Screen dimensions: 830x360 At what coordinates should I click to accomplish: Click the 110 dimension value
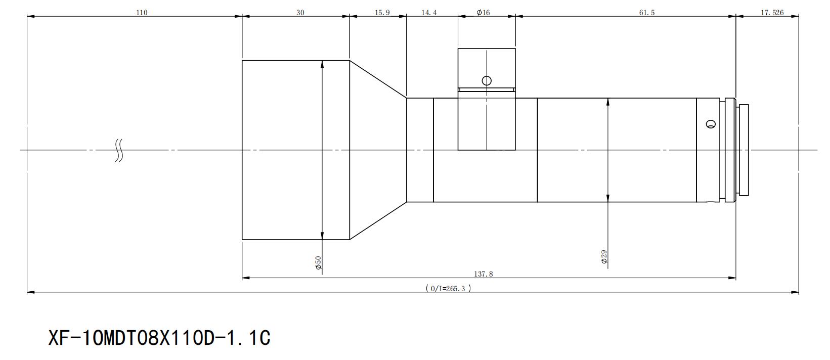coord(142,13)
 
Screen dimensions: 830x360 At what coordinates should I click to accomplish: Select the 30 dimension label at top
coord(300,13)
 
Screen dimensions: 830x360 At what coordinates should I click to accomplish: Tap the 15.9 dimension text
coord(382,13)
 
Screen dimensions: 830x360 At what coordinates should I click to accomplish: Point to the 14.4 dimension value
coord(429,13)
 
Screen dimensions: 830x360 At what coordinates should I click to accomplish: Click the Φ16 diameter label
coord(483,13)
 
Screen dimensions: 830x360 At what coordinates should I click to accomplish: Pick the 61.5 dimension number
coord(647,13)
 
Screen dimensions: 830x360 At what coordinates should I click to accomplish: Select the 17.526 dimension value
coord(772,13)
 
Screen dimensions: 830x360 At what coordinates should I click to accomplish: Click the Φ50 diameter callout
coord(318,262)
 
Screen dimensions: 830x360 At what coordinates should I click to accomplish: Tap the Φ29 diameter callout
coord(604,257)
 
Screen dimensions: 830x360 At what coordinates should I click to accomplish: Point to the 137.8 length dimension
coord(484,274)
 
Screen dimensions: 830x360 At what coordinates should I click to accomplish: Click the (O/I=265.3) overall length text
coord(448,288)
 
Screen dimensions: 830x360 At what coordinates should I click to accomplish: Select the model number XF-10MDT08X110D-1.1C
coord(159,338)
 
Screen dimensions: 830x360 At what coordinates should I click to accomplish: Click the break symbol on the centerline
coord(118,150)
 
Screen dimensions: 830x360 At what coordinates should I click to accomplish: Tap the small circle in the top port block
coord(487,80)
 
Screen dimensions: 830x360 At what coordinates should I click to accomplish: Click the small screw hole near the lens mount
coord(711,124)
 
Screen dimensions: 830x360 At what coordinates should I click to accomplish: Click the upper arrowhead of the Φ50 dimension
coord(322,64)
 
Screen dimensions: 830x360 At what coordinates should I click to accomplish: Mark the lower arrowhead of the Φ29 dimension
coord(607,198)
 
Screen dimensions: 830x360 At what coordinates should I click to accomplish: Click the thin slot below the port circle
coord(487,89)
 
